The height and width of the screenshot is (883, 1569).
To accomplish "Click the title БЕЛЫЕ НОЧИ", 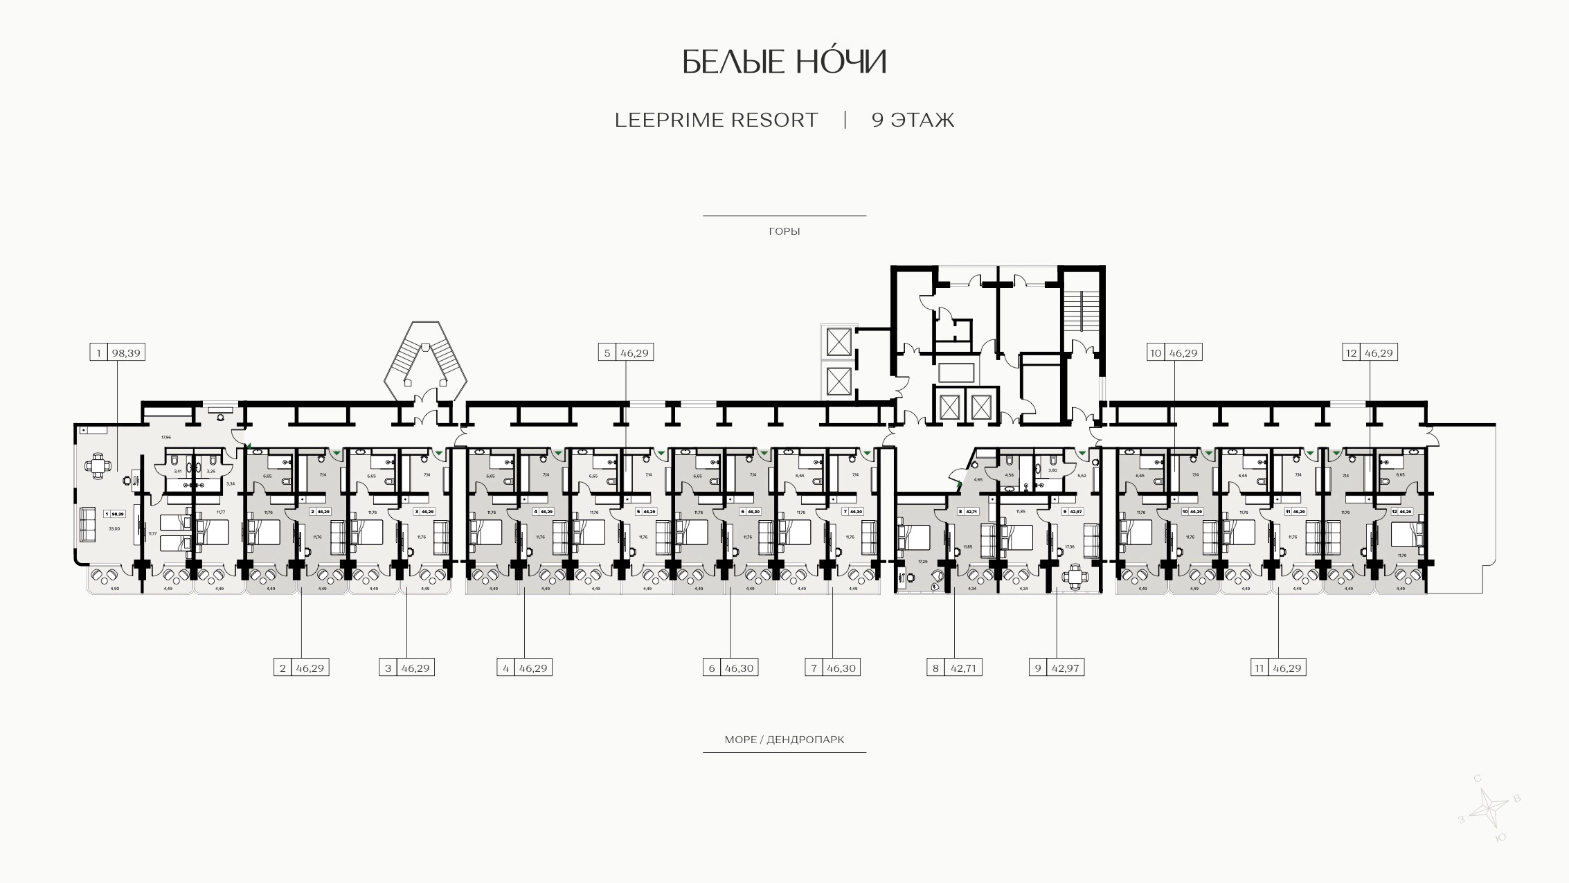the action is tap(784, 62).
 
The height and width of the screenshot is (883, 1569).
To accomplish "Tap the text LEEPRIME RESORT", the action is tap(716, 121).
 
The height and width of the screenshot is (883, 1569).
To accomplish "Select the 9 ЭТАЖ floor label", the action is tap(913, 121).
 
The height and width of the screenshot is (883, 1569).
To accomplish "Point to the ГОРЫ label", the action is tap(784, 231).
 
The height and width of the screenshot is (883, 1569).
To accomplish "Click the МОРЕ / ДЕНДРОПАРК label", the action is tap(784, 740).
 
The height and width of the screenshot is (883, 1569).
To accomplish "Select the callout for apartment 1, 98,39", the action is tap(117, 353).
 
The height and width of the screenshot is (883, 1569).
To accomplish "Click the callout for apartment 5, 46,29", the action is tap(626, 353).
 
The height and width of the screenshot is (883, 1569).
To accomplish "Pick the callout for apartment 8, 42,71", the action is tap(954, 668).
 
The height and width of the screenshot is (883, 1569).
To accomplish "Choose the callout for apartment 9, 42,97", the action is tap(1057, 668).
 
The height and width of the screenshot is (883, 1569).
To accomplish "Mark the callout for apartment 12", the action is tap(1370, 353).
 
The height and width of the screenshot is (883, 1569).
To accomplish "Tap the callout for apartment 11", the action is tap(1278, 668).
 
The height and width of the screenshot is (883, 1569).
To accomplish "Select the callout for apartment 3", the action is tap(406, 668).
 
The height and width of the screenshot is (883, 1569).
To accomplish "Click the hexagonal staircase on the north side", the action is tap(426, 360).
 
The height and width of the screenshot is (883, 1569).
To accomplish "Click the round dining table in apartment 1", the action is tap(98, 465).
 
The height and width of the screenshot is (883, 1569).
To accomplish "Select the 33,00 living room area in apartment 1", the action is tap(114, 528).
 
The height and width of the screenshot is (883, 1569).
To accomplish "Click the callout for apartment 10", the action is tap(1174, 353).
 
